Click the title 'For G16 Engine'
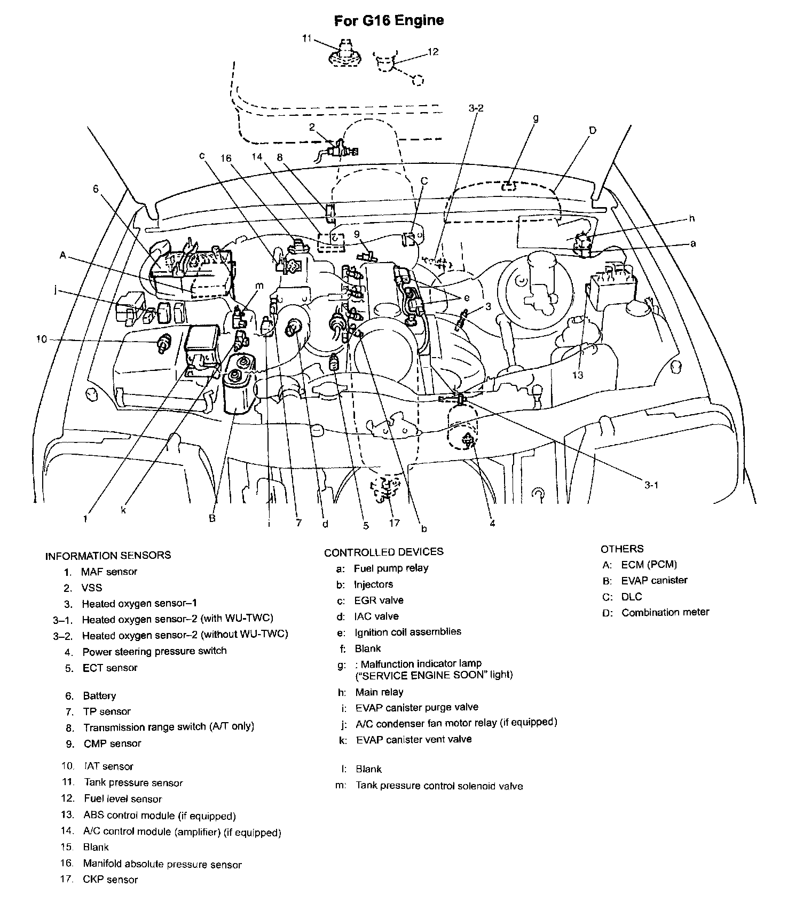click(x=389, y=21)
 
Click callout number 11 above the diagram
click(x=306, y=38)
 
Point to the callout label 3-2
click(x=475, y=108)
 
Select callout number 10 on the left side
click(x=42, y=339)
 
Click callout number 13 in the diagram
click(x=578, y=375)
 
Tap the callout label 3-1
click(x=651, y=485)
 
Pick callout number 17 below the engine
click(x=394, y=523)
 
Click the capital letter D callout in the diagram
click(x=593, y=130)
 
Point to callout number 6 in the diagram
click(x=96, y=188)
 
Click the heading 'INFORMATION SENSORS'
click(x=108, y=555)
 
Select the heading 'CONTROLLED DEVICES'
click(x=383, y=552)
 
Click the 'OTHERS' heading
click(x=622, y=549)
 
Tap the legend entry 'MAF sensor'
click(x=109, y=572)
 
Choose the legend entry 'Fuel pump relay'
click(x=391, y=568)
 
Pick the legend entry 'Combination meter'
click(x=665, y=612)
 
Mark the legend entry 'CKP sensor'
click(x=111, y=880)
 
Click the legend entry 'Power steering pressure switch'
click(x=154, y=651)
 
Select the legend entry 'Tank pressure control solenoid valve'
click(x=439, y=786)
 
